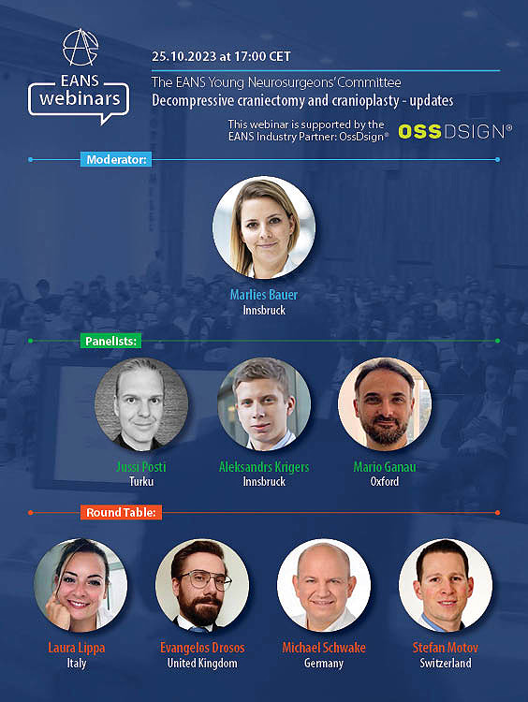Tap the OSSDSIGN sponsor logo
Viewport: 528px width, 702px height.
pos(455,132)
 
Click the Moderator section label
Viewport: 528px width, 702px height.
pos(116,160)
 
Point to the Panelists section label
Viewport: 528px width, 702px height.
pos(110,342)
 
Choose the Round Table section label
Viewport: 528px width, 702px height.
pos(122,512)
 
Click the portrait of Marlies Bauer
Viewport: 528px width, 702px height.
pos(263,227)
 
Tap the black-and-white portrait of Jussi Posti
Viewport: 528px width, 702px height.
pos(141,404)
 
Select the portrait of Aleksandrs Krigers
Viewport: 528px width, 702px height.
pos(264,404)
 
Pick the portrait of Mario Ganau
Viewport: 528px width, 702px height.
pos(384,404)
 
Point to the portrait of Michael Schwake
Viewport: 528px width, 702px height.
pos(324,585)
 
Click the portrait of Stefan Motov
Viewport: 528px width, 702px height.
pos(445,585)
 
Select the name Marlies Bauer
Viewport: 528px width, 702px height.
pos(264,295)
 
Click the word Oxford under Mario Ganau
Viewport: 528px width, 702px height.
pos(384,481)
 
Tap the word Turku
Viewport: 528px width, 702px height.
pos(141,481)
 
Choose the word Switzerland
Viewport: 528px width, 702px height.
pos(445,663)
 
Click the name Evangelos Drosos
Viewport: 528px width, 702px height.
pos(202,648)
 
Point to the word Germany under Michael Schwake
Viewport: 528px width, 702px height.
pos(324,663)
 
